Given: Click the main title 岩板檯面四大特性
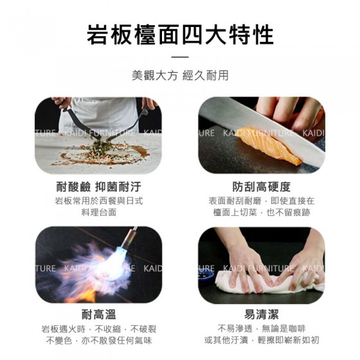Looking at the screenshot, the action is click(180, 35).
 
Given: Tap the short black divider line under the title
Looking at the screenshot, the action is click(180, 57).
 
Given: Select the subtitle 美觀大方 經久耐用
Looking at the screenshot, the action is click(180, 76).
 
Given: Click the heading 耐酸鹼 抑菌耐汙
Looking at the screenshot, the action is click(99, 186).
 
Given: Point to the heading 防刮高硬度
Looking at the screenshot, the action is click(262, 186).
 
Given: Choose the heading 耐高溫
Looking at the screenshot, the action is click(99, 314).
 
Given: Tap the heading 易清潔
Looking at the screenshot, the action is click(262, 314).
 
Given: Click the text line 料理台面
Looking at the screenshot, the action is click(99, 212).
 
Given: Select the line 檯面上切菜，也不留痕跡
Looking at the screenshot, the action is click(262, 212).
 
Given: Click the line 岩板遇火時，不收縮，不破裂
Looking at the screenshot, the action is click(99, 329).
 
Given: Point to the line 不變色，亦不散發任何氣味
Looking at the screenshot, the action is click(99, 340).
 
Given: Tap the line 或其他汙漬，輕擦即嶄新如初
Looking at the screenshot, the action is click(262, 340).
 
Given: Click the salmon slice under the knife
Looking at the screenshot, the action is click(271, 146).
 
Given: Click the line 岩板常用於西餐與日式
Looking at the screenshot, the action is click(99, 201).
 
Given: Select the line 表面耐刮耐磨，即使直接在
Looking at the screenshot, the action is click(262, 201).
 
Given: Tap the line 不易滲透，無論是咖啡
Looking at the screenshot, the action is click(262, 329).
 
